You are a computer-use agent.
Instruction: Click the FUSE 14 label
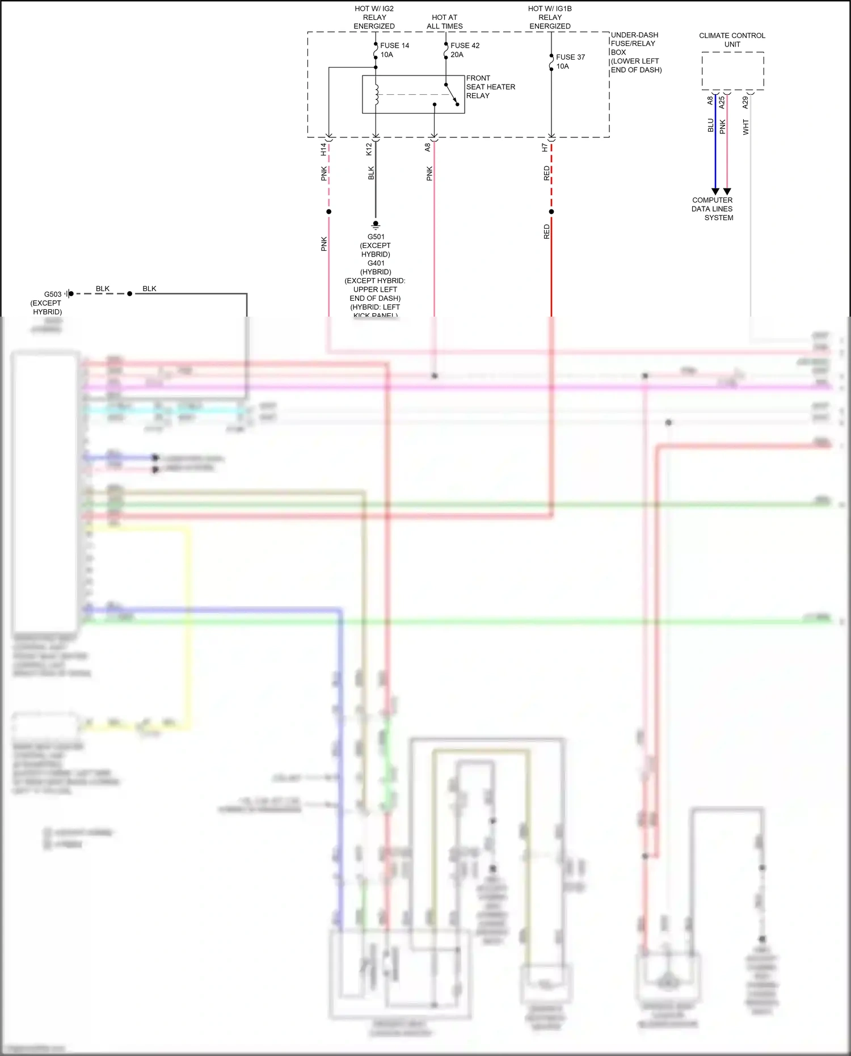[394, 45]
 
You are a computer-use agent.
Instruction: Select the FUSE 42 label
[465, 45]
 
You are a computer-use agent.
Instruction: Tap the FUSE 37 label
[570, 57]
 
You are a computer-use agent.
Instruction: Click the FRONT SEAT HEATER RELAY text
[490, 87]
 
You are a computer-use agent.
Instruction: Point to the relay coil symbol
[376, 94]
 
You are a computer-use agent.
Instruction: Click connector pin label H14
[323, 149]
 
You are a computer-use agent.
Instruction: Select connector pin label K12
[369, 149]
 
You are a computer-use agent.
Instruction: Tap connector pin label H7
[545, 148]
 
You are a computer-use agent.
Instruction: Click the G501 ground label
[376, 237]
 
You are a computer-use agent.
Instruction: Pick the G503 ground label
[53, 294]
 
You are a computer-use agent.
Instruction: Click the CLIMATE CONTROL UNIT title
[732, 40]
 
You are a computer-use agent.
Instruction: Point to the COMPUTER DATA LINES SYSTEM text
[713, 209]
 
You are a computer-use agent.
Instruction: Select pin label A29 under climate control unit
[745, 103]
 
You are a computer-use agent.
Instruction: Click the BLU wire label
[710, 125]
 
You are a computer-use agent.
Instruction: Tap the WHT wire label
[746, 127]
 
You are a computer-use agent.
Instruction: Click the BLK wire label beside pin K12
[371, 173]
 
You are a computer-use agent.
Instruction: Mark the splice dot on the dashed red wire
[551, 212]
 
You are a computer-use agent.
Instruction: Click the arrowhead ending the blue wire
[715, 192]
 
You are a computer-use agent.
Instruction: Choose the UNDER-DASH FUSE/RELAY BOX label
[635, 52]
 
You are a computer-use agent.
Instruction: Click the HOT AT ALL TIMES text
[445, 22]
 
